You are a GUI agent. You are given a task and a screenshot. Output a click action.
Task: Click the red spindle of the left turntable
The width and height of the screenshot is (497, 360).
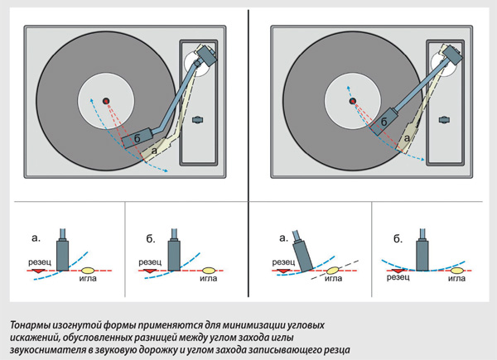[x=106, y=101]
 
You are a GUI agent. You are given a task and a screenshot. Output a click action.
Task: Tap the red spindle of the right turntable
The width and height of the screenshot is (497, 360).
[x=353, y=101]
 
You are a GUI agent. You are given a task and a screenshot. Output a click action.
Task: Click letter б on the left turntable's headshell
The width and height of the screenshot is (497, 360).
[x=138, y=139]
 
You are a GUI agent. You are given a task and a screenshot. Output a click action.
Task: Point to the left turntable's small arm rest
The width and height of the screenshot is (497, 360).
[x=198, y=120]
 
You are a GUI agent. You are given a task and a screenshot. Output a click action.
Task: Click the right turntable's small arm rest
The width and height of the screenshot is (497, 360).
[x=445, y=120]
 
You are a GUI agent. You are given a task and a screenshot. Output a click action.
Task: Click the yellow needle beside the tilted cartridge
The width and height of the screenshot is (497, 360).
[x=332, y=271]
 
